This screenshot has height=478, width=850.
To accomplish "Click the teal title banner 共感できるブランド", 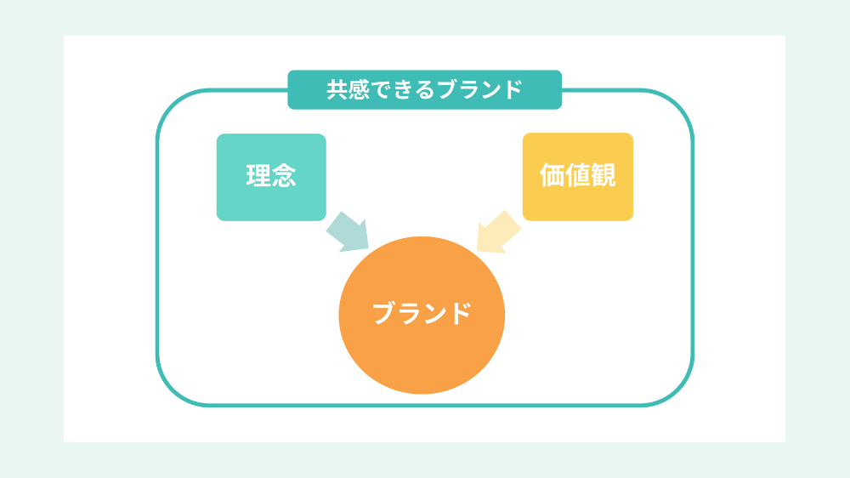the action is pos(424,89).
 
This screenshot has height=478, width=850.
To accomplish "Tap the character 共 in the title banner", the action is pos(337,89).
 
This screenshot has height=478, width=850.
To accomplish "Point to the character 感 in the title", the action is pos(360,89).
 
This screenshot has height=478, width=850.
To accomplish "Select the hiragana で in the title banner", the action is pos(382,90).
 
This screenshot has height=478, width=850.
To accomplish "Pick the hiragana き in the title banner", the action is pos(403,90).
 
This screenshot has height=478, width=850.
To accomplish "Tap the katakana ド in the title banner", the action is pos(512,89).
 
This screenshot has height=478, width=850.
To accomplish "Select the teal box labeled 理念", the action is pos(271,177).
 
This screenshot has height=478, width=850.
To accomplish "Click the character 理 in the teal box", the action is pos(258,175).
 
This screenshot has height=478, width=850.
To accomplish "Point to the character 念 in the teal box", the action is pos(284,175).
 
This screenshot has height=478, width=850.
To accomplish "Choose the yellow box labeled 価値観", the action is pos(578,177).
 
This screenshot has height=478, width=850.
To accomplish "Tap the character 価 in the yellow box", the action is pos(552,174).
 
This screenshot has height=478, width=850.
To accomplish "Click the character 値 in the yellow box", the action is pos(578,174).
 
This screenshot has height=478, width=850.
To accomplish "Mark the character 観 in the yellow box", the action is pos(603,174).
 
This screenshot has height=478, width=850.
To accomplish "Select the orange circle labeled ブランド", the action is pos(422,316).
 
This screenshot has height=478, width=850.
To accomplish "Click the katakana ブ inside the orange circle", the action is pos(384,313).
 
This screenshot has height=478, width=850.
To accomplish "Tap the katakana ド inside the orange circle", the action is pos(460,313).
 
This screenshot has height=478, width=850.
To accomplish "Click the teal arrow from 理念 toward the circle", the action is pos(348,232).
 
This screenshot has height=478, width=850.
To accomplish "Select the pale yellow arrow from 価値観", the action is pos(497,232).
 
